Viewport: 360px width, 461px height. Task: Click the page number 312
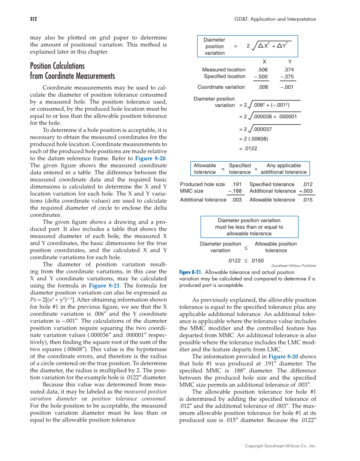[33, 19]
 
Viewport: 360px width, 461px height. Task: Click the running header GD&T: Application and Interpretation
[275, 19]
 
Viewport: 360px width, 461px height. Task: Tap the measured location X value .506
[263, 70]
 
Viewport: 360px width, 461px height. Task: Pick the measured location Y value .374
[289, 70]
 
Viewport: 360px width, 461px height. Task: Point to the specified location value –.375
[287, 77]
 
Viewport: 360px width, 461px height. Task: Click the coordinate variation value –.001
[287, 87]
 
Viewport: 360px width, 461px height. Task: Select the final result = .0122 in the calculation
[248, 148]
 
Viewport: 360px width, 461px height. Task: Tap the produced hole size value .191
[237, 184]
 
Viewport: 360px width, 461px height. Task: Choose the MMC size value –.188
[235, 191]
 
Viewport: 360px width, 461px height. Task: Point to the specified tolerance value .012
[307, 184]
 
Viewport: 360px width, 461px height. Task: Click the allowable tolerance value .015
[307, 200]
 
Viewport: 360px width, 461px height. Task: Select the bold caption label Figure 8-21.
[190, 272]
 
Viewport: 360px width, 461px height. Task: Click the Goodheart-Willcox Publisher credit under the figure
[293, 265]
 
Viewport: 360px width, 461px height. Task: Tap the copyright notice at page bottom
[281, 446]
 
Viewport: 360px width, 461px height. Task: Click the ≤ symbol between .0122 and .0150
[246, 261]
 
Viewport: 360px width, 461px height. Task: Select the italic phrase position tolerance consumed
[128, 399]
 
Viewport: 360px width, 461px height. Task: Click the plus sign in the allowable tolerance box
[256, 169]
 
